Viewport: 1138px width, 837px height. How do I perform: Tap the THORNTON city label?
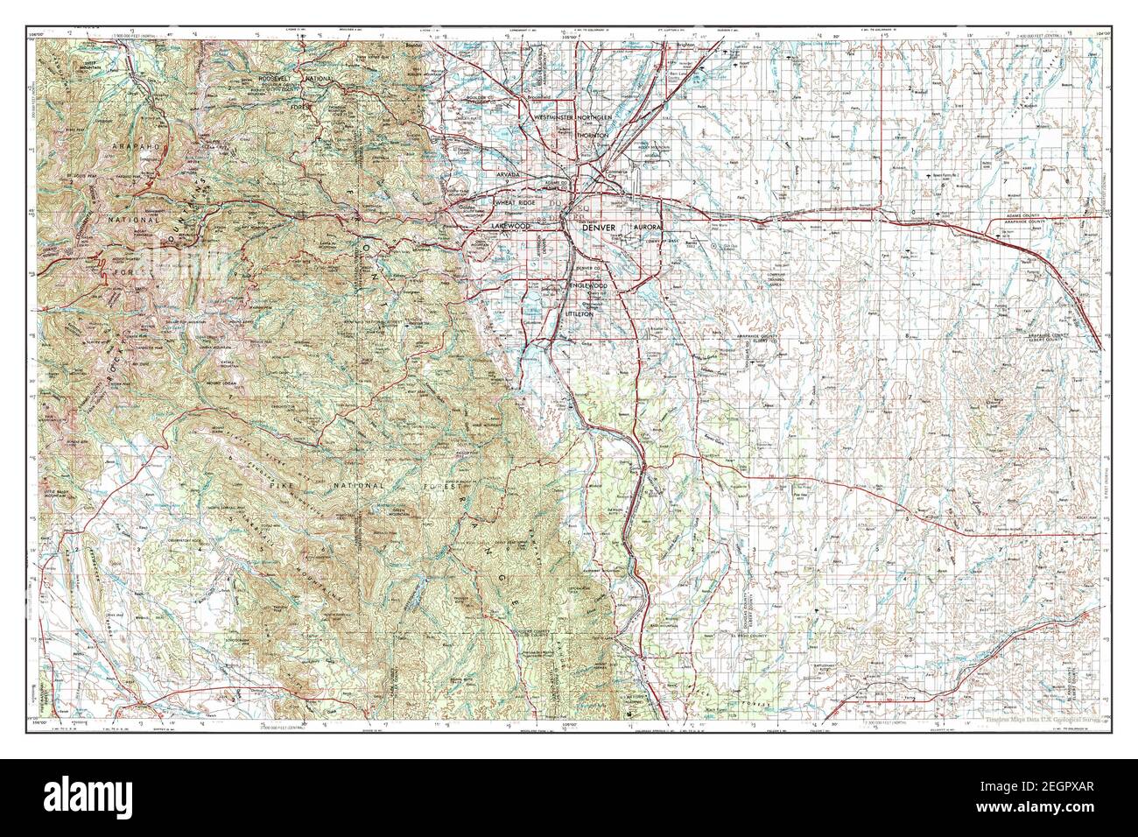(594, 137)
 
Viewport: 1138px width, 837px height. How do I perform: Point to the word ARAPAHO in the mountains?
(137, 149)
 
